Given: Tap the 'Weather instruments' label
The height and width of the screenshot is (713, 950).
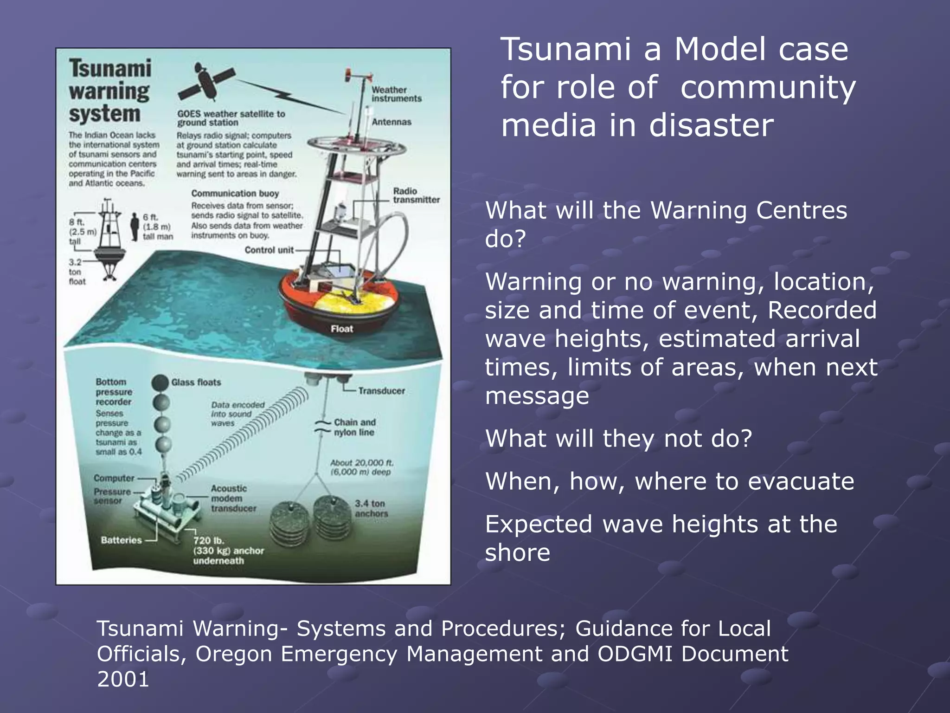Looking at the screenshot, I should [x=396, y=94].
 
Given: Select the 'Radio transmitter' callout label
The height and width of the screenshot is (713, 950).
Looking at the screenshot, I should [x=416, y=195].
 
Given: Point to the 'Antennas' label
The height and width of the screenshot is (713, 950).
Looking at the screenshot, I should [x=392, y=122].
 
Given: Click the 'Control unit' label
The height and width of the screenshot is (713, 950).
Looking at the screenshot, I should [x=269, y=250].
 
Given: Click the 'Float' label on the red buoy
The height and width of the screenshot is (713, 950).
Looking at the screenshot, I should [x=342, y=329].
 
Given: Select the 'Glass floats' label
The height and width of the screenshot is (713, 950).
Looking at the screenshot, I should [x=196, y=382].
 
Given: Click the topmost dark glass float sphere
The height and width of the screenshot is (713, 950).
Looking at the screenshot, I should [x=160, y=383].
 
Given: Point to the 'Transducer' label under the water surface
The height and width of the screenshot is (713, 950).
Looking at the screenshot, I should [x=381, y=391].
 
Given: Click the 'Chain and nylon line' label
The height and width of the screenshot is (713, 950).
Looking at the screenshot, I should [x=355, y=428].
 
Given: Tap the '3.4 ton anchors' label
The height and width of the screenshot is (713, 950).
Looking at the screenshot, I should [x=371, y=509].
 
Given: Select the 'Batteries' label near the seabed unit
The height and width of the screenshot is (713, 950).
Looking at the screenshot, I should [x=121, y=540].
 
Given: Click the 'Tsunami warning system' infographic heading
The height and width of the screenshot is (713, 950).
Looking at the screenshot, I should [x=110, y=91].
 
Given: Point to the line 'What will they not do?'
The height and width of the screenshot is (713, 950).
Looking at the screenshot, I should [x=618, y=439].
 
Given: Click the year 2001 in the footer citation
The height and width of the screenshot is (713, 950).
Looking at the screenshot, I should [x=123, y=679].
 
